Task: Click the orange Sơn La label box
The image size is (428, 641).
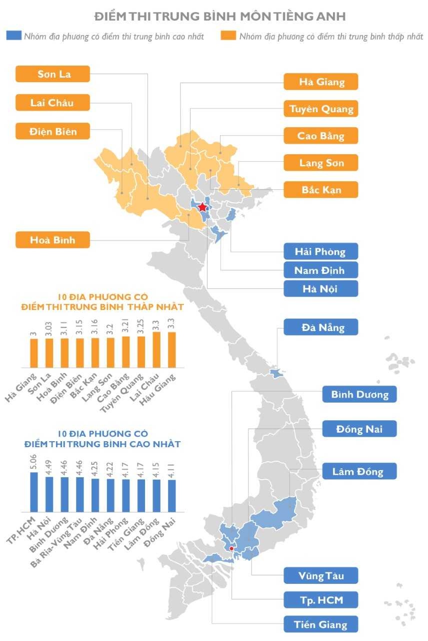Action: pyautogui.click(x=52, y=74)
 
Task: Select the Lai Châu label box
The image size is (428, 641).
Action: pyautogui.click(x=52, y=103)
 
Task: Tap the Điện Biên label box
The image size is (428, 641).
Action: pyautogui.click(x=52, y=131)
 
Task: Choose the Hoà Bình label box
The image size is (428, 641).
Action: pyautogui.click(x=52, y=240)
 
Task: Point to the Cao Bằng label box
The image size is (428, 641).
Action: pyautogui.click(x=320, y=136)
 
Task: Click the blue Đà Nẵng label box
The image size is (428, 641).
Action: pyautogui.click(x=320, y=328)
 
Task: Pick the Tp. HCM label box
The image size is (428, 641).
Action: pyautogui.click(x=320, y=599)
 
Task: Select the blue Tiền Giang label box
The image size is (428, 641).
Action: pyautogui.click(x=320, y=624)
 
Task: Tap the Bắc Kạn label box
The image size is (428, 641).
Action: pyautogui.click(x=320, y=190)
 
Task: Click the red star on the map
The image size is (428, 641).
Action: pyautogui.click(x=202, y=207)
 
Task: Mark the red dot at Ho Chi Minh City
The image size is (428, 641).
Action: pyautogui.click(x=231, y=548)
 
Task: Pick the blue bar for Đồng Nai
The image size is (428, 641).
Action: pyautogui.click(x=172, y=496)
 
